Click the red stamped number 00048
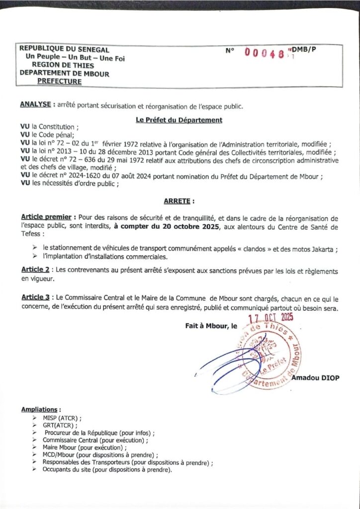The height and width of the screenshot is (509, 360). pos(266,53)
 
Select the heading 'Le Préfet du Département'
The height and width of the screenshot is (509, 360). pos(179,120)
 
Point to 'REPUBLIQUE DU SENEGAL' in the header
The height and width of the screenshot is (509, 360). pos(64,49)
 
